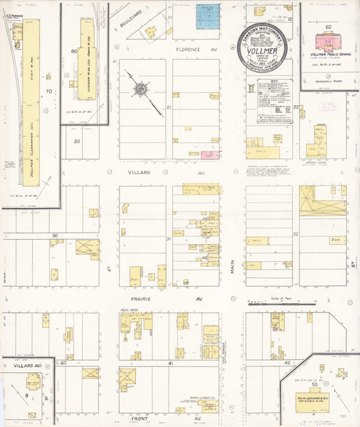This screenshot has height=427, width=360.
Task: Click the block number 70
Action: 49,91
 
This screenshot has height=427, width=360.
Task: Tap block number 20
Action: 77,141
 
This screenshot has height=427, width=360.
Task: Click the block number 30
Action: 54,235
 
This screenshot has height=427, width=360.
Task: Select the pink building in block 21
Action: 210,155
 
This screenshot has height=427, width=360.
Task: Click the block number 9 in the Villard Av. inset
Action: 28,395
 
